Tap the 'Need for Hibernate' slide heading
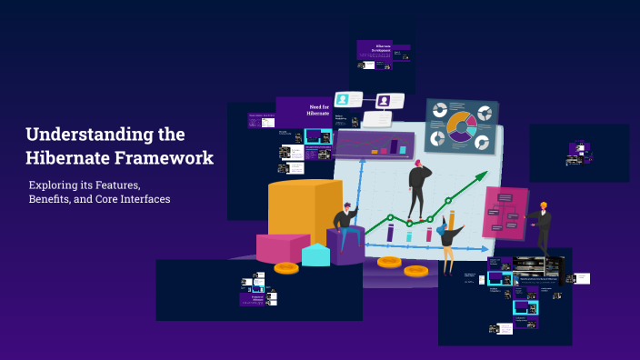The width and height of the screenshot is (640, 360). [317, 110]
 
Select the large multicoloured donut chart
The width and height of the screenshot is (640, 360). [461, 127]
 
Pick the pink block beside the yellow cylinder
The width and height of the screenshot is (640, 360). [282, 247]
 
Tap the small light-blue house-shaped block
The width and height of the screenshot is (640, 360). [315, 255]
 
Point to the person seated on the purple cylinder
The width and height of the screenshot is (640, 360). [345, 221]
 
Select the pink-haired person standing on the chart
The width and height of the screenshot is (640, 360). [417, 186]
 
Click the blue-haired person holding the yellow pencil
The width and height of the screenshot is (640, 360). [446, 238]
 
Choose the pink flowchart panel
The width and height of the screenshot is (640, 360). [505, 213]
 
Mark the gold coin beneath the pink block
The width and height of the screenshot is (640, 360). [286, 268]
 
